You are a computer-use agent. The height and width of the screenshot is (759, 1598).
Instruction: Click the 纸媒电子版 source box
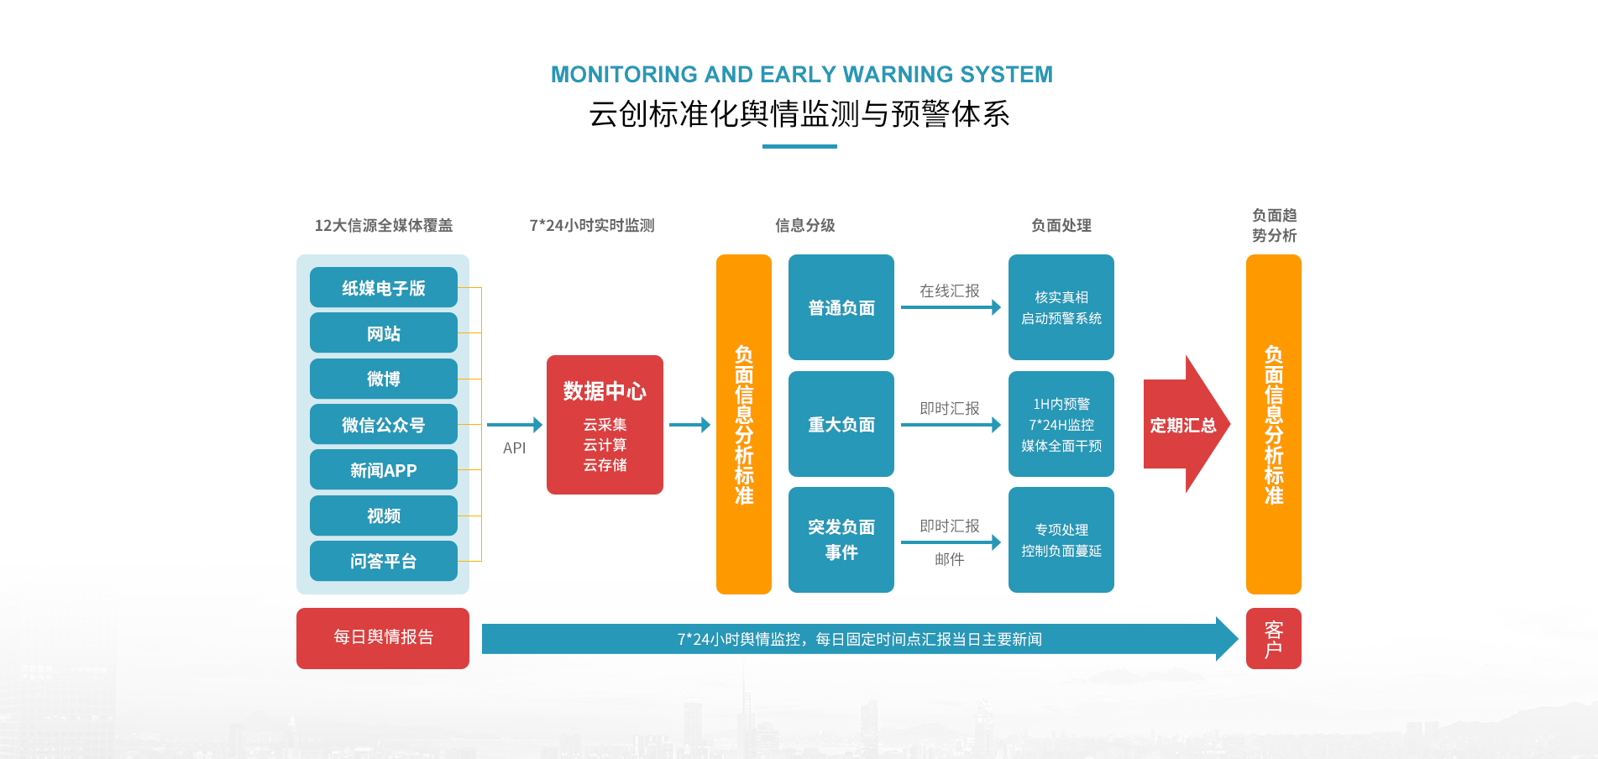(383, 288)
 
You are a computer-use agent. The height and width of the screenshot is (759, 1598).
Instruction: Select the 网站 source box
(383, 333)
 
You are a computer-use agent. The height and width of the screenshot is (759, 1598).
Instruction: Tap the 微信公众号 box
(383, 425)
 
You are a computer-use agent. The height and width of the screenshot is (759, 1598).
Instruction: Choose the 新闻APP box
(383, 470)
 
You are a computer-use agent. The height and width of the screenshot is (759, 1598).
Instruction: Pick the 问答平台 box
(383, 561)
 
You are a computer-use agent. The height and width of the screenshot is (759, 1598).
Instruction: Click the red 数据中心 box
(605, 425)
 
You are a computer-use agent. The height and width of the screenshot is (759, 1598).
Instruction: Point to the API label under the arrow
(514, 448)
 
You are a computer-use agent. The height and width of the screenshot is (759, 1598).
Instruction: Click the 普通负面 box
(841, 307)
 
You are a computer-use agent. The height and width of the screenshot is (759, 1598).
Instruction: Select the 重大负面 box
(841, 424)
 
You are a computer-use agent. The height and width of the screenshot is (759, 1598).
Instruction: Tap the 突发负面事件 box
(841, 540)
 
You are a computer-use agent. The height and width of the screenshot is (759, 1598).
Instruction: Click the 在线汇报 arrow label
(949, 291)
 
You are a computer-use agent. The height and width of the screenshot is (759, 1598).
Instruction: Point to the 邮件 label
(949, 559)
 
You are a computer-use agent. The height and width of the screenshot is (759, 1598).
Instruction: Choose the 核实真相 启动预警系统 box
(1061, 307)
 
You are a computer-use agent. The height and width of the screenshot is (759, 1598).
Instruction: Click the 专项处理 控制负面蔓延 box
(1061, 540)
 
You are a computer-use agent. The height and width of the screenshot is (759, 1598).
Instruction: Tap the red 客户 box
(1273, 639)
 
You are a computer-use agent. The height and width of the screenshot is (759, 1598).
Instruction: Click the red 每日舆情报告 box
(383, 638)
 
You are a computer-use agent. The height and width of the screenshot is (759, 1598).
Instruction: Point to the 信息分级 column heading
(804, 225)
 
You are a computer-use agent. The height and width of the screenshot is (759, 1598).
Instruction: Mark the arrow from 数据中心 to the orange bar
(689, 425)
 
